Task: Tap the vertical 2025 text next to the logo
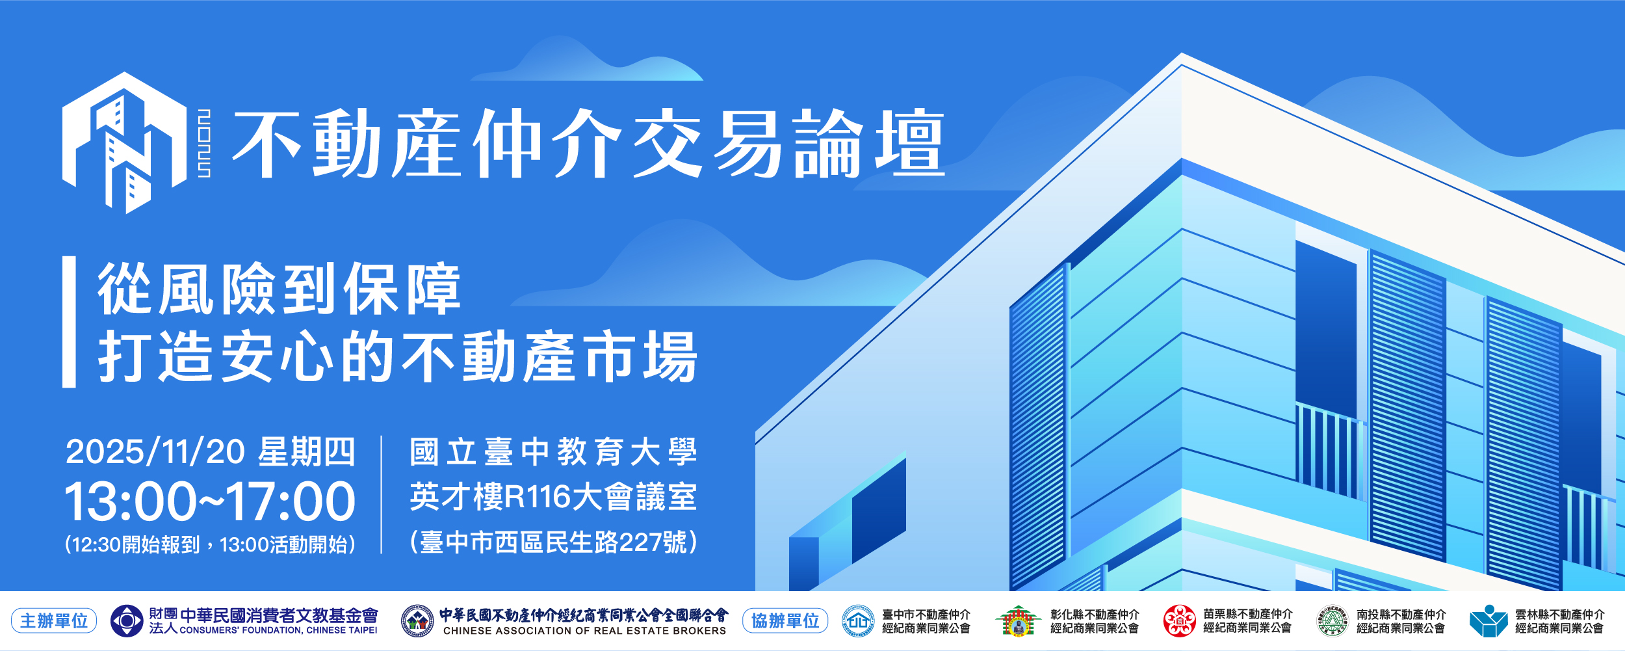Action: [204, 143]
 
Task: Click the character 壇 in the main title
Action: [910, 143]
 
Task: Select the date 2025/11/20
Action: [155, 451]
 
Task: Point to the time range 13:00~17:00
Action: [210, 501]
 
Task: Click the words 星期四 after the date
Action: [307, 451]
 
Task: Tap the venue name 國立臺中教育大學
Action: [553, 451]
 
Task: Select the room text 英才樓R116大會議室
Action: [553, 497]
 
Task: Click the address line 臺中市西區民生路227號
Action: [553, 542]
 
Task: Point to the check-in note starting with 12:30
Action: [210, 544]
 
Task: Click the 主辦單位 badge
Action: [54, 620]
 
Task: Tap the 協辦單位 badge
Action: [785, 620]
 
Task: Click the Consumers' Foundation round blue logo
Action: [127, 621]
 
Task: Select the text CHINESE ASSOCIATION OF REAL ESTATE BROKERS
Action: [584, 631]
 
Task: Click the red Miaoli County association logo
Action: [1180, 620]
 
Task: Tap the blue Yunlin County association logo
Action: [1488, 621]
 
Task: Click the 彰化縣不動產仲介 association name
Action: [1095, 614]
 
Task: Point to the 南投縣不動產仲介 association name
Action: [1401, 614]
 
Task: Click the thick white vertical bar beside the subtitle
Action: [69, 322]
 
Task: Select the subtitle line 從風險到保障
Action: [279, 289]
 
